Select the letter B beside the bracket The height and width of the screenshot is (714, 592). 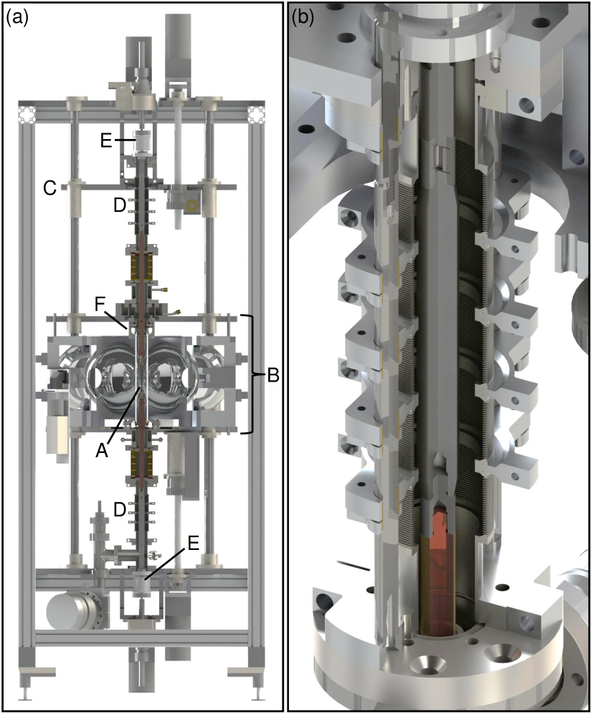click(272, 376)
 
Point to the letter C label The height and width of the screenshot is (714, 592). click(50, 188)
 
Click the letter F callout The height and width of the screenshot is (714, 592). click(101, 305)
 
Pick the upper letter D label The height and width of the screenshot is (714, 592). click(119, 205)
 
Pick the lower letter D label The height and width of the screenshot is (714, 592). click(119, 509)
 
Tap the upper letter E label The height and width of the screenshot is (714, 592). click(106, 141)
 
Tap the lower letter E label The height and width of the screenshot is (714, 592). click(193, 544)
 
